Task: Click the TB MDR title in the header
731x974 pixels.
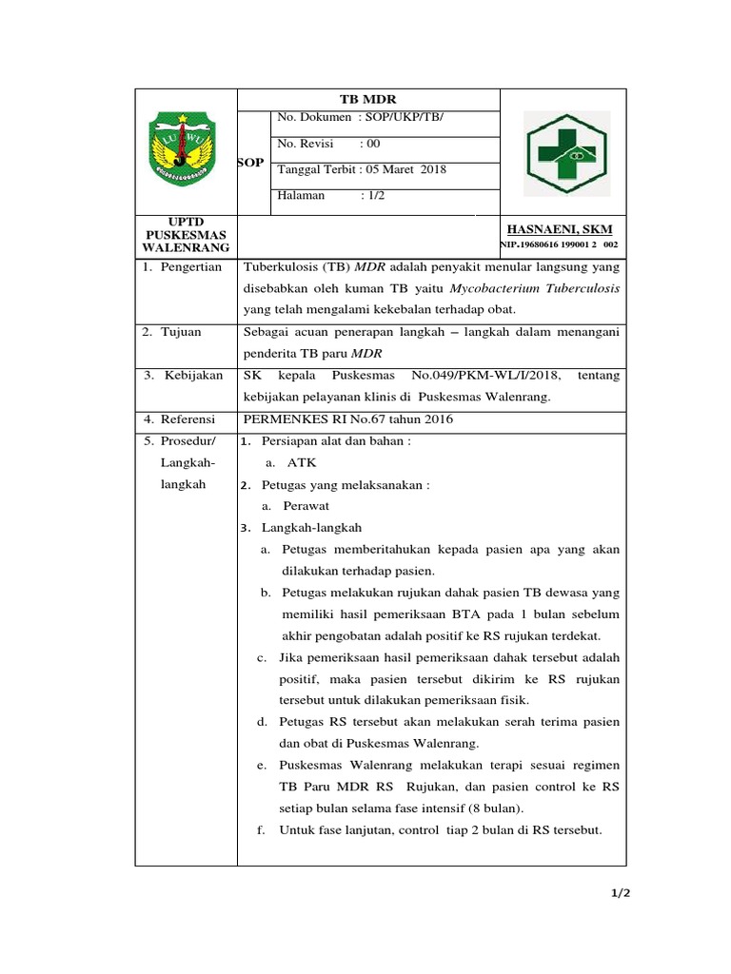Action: (x=367, y=100)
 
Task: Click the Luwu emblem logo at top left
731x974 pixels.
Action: (x=183, y=148)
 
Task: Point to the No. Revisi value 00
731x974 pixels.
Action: (x=371, y=144)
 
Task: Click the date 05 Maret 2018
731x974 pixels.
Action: (x=406, y=170)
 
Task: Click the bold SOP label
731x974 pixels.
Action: (x=250, y=163)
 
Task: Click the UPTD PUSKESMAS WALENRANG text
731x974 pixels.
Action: (x=186, y=234)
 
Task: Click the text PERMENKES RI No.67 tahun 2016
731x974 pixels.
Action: (x=348, y=419)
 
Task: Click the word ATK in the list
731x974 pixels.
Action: (x=302, y=463)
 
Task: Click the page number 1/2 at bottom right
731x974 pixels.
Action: (x=621, y=894)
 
